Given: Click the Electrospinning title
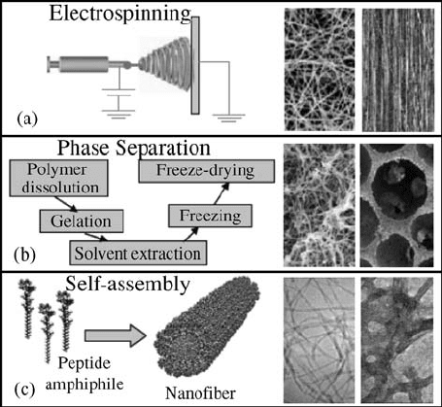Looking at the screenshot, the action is (x=120, y=15).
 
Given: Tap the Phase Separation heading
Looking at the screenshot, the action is (x=134, y=149).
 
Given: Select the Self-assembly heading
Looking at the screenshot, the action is (x=127, y=285).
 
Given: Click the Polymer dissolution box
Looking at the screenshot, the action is (x=58, y=178).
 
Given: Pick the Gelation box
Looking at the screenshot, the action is (x=82, y=221).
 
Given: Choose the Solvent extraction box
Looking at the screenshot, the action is (x=138, y=253).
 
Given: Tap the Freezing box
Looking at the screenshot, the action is (x=210, y=216).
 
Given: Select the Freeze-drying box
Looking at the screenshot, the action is (x=207, y=171).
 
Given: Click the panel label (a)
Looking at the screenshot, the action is (x=27, y=119).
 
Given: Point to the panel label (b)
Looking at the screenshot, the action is (x=25, y=254).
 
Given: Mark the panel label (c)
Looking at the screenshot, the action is (x=24, y=390).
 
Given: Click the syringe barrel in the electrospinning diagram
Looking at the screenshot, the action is (x=84, y=64).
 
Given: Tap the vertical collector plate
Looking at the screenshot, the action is (x=195, y=65).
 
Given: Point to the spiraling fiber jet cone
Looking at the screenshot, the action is (x=164, y=64).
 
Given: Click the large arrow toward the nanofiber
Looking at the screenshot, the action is (x=116, y=336).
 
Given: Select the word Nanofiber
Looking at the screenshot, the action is (x=200, y=393).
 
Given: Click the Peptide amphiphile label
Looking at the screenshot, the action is (x=85, y=374).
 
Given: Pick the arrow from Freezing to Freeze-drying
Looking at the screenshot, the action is (x=221, y=193).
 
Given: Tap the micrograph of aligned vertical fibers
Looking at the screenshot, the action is (x=398, y=70).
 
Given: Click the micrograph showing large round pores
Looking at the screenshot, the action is (x=396, y=205).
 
